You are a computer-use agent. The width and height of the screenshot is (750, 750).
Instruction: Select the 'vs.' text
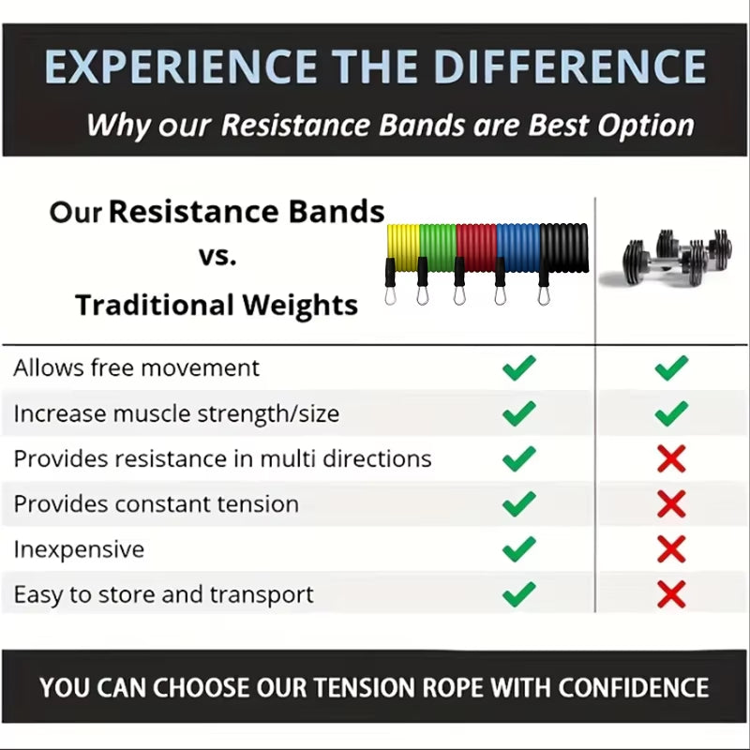click(217, 256)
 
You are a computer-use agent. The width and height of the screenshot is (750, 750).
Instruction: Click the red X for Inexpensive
click(671, 548)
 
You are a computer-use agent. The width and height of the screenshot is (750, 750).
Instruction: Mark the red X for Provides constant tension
click(671, 503)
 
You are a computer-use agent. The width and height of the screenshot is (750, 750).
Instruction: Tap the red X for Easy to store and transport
click(671, 593)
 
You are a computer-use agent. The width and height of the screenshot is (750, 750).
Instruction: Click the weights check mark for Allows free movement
click(671, 367)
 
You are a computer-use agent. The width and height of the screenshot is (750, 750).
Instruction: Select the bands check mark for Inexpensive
click(518, 548)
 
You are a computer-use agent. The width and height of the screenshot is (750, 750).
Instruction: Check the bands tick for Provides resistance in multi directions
click(518, 458)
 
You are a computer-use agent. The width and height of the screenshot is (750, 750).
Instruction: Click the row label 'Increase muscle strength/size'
click(176, 413)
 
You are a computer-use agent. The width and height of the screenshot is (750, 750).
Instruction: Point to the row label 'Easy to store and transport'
click(163, 594)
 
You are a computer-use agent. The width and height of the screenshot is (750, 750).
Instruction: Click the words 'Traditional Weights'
click(217, 305)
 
